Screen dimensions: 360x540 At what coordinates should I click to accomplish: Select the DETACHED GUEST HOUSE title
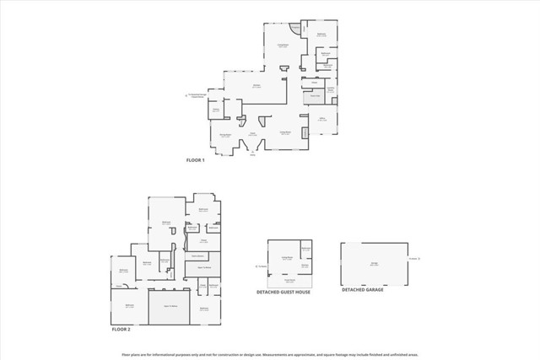coord(284,292)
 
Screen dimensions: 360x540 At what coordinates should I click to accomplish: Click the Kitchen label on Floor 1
coord(256,86)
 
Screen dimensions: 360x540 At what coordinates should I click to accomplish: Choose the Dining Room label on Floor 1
coord(225,135)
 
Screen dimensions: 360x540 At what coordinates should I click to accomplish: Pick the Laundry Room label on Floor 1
coord(331,89)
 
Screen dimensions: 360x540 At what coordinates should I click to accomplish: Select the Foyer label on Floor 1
coord(252,133)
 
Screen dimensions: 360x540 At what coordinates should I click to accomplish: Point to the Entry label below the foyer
coord(251,156)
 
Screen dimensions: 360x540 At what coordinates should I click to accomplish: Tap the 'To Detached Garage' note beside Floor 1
coord(197,95)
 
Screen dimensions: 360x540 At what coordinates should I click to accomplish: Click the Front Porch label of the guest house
coord(289,280)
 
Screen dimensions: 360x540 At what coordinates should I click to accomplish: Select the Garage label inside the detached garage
coord(372,263)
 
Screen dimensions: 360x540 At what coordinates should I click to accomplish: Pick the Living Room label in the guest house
coord(286,258)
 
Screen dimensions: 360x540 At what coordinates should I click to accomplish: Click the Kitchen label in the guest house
coord(305,266)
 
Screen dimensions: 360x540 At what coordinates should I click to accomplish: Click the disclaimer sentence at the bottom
coord(270,354)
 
